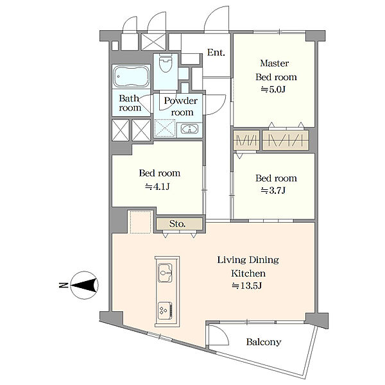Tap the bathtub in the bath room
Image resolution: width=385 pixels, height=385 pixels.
coord(132,76)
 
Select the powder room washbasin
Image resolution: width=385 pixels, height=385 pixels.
coord(189,129)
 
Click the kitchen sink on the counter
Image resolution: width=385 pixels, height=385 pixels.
coord(165,273)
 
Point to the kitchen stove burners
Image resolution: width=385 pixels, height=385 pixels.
coord(165,311)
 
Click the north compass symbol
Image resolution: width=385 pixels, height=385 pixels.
coord(85,285)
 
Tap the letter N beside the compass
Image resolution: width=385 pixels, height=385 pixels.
coord(64,286)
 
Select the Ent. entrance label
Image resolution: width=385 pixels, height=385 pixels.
coord(216,53)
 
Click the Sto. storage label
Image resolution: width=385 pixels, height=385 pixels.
coord(177,224)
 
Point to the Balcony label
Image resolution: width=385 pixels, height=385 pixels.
coord(264,342)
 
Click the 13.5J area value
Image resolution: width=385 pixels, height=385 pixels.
coord(247,286)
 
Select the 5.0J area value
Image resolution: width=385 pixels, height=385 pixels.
coord(273,89)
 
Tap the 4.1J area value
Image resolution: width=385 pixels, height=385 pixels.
coord(157,187)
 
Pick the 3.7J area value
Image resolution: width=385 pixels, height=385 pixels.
coord(273,191)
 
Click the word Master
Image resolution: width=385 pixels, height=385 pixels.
coord(274,64)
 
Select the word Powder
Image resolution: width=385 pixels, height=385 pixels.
coord(181,101)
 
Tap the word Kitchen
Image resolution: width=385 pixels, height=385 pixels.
coord(248,273)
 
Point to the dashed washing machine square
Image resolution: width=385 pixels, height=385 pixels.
coord(140,222)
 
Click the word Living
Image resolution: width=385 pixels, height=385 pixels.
coord(232,260)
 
